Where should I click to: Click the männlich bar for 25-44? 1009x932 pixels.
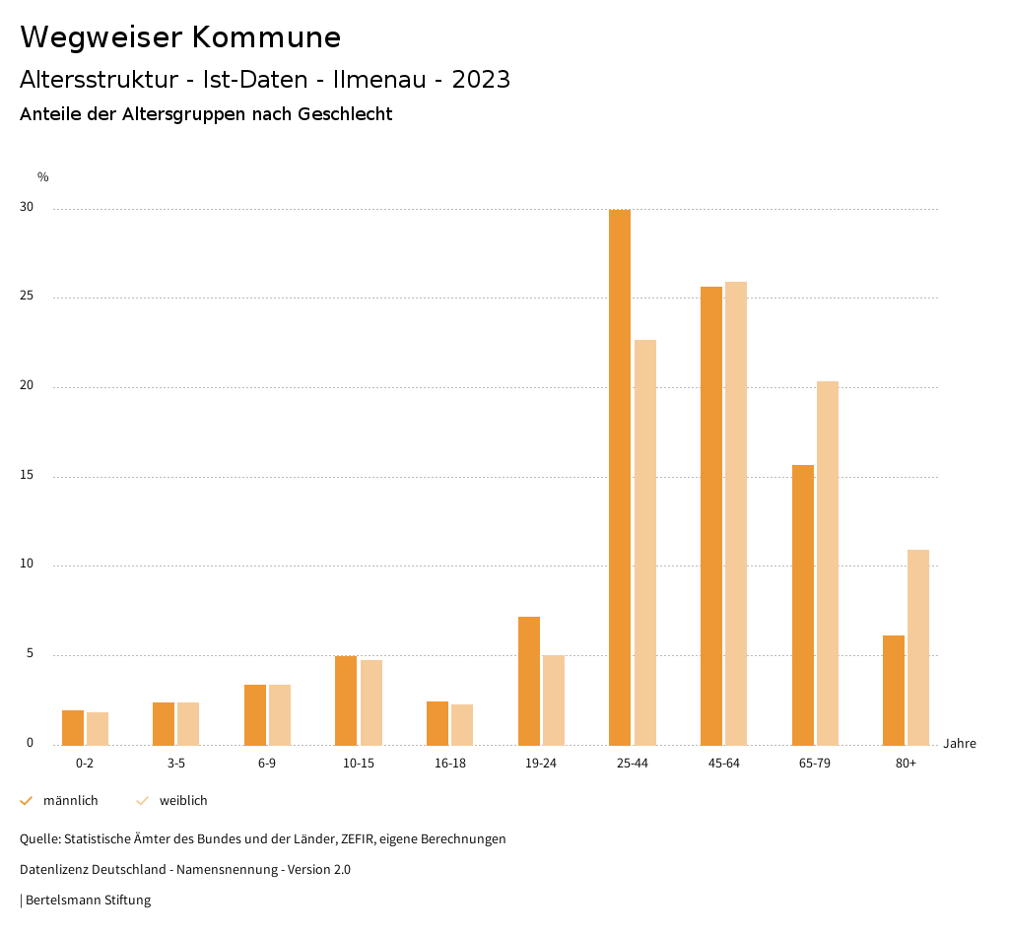click(x=620, y=478)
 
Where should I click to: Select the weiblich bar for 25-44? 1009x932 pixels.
click(x=645, y=543)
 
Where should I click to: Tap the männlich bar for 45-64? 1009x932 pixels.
click(x=711, y=516)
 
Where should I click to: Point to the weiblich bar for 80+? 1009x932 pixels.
click(x=918, y=647)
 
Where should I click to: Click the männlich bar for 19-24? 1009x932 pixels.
click(x=529, y=681)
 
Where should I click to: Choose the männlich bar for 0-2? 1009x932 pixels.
click(x=73, y=728)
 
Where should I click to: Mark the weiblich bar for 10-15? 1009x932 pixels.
click(x=371, y=702)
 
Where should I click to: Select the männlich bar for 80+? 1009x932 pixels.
click(x=894, y=691)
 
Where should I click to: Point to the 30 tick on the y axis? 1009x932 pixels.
click(x=27, y=208)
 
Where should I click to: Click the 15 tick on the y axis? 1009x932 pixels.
click(x=27, y=476)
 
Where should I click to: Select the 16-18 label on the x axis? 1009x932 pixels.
click(x=449, y=764)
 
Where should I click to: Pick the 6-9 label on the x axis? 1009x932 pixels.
click(x=267, y=764)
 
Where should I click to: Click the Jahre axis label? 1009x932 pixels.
click(x=960, y=744)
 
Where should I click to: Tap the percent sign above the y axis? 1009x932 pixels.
click(x=43, y=177)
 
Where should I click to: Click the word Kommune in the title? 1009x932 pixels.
click(x=266, y=37)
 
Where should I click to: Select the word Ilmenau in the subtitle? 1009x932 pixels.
click(x=380, y=80)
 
